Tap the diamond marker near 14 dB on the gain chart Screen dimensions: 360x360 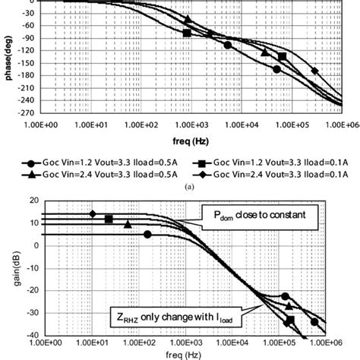click(x=93, y=214)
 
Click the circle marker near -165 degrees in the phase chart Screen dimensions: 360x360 click(x=277, y=69)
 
